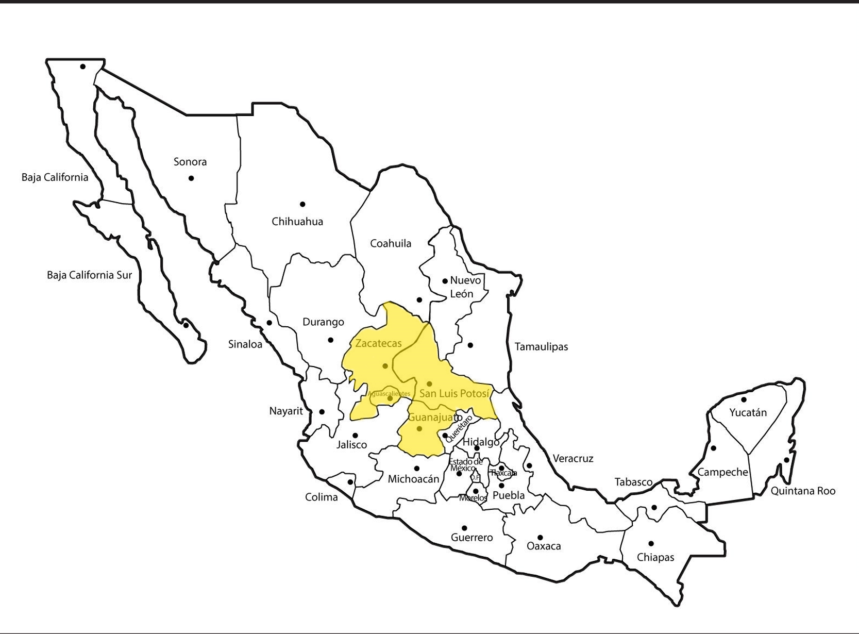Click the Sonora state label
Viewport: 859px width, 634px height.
(190, 162)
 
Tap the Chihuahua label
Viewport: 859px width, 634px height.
(297, 222)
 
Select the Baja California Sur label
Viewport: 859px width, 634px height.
(89, 275)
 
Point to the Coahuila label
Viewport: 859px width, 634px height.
(391, 243)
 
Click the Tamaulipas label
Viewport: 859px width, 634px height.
(541, 346)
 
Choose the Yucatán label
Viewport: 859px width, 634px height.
(748, 412)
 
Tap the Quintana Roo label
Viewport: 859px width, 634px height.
(803, 491)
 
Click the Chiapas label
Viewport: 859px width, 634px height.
(655, 557)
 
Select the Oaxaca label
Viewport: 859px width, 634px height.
(544, 546)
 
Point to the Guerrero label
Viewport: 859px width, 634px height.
(471, 538)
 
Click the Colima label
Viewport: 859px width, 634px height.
(322, 497)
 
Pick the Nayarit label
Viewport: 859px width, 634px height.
(286, 411)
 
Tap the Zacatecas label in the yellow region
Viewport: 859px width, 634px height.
(378, 343)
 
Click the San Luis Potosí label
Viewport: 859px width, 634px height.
(454, 393)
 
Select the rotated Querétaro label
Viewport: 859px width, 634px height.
(458, 428)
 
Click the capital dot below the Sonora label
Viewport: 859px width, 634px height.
(191, 178)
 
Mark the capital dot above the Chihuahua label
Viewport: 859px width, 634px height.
(302, 205)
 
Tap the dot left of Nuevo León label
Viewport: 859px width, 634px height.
(445, 281)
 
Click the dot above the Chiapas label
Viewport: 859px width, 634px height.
(651, 544)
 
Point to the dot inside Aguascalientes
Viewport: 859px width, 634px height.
(390, 398)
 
